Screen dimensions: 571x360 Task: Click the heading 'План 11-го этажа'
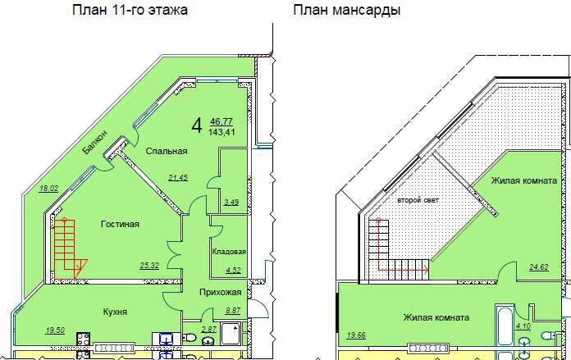[130, 10]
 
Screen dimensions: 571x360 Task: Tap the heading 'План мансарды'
[347, 10]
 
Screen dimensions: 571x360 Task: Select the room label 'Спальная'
[167, 151]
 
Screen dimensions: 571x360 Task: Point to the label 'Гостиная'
[120, 224]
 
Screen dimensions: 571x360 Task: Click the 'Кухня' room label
[115, 312]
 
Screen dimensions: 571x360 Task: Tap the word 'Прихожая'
[221, 292]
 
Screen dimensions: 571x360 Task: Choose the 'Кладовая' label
[229, 252]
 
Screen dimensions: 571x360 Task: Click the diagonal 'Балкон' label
[94, 142]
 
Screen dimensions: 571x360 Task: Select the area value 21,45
[178, 178]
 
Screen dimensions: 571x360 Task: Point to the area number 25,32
[149, 266]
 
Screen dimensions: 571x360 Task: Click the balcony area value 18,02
[48, 189]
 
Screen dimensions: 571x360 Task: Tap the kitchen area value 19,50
[55, 330]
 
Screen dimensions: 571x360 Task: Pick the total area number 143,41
[222, 132]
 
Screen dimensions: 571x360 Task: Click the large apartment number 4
[197, 126]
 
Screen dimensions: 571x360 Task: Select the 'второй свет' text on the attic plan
[418, 200]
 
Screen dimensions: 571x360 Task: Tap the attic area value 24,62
[538, 267]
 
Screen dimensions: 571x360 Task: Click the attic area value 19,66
[356, 335]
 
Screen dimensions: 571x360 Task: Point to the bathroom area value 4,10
[523, 326]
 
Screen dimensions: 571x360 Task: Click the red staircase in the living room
[69, 249]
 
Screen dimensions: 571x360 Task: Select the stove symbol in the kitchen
[83, 339]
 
